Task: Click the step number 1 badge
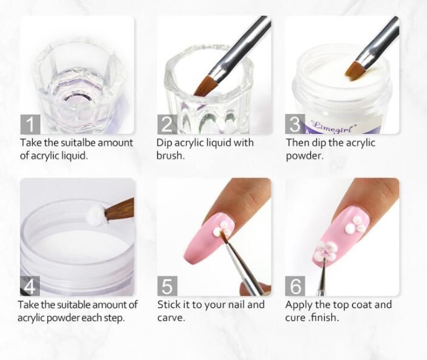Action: [x=30, y=124]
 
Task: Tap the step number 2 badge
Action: [x=167, y=124]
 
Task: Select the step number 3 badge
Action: [x=295, y=124]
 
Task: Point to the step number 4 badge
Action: [x=30, y=286]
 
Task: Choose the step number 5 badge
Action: [x=167, y=286]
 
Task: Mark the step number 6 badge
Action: [x=295, y=286]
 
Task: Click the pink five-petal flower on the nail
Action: [x=326, y=250]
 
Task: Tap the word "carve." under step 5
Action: [x=171, y=318]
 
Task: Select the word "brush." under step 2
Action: [x=170, y=155]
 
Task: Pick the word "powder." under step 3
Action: [x=305, y=156]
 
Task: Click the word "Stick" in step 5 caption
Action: [x=168, y=304]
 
